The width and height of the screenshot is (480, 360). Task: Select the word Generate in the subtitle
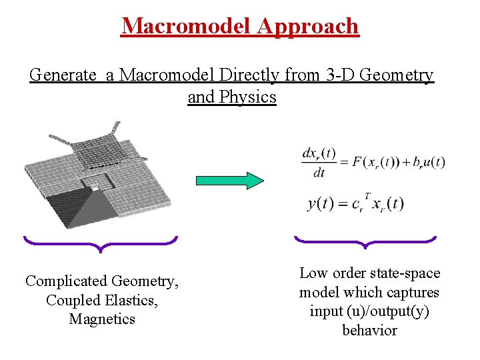(x=62, y=75)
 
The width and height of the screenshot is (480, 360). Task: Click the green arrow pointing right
(x=229, y=181)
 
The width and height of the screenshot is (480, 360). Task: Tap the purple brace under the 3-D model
(x=100, y=244)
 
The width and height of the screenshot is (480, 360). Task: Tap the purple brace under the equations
(x=365, y=241)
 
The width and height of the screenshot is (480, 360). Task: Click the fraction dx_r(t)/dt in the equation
(x=319, y=163)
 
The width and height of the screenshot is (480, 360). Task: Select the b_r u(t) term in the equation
(x=426, y=163)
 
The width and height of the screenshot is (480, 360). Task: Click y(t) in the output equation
(x=320, y=203)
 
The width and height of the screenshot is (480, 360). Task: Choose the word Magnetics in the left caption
(x=102, y=319)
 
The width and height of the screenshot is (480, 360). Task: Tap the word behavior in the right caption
(x=369, y=330)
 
